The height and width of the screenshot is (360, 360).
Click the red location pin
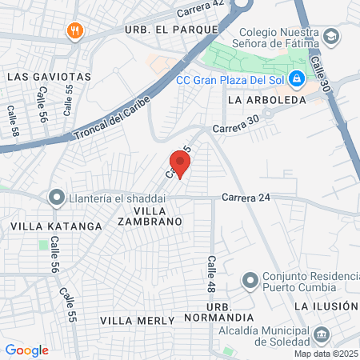pos(180,164)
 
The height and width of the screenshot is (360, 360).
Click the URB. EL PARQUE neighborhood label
pos(171,29)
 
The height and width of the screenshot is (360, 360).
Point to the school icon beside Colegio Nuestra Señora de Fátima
pos(331,37)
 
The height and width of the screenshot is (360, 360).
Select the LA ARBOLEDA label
pos(266,101)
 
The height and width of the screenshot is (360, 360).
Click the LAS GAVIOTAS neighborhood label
pos(49,76)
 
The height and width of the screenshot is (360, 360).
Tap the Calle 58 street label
pos(13,120)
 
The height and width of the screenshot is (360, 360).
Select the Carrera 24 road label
pos(242,197)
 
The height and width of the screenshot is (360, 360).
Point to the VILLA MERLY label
pos(137,320)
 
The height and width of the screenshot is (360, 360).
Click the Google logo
pos(27,350)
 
